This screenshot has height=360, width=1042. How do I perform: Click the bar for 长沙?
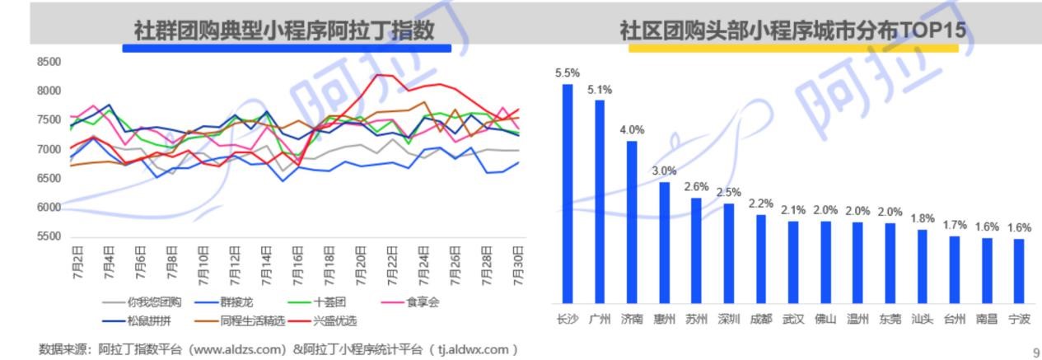pyautogui.click(x=568, y=194)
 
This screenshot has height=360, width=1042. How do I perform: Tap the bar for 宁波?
pyautogui.click(x=1019, y=271)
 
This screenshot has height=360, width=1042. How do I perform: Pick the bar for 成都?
pyautogui.click(x=761, y=259)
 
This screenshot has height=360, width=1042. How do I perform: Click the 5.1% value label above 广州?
pyautogui.click(x=600, y=89)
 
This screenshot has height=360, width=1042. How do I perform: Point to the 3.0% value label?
pyautogui.click(x=664, y=171)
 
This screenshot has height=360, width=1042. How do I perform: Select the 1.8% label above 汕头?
pyautogui.click(x=923, y=218)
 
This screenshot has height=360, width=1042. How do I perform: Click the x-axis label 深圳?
pyautogui.click(x=729, y=319)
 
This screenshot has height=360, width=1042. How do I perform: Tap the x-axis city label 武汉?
pyautogui.click(x=793, y=319)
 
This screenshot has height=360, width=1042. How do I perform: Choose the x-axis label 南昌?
pyautogui.click(x=987, y=319)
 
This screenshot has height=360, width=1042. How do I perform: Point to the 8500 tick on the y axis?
pyautogui.click(x=49, y=62)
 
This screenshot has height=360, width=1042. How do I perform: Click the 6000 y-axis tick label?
pyautogui.click(x=49, y=208)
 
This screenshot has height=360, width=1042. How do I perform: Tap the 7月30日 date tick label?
pyautogui.click(x=519, y=262)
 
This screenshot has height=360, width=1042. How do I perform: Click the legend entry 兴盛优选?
pyautogui.click(x=334, y=320)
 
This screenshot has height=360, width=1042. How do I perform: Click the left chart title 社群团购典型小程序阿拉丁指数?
pyautogui.click(x=284, y=30)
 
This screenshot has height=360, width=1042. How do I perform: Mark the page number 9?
pyautogui.click(x=1036, y=353)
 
